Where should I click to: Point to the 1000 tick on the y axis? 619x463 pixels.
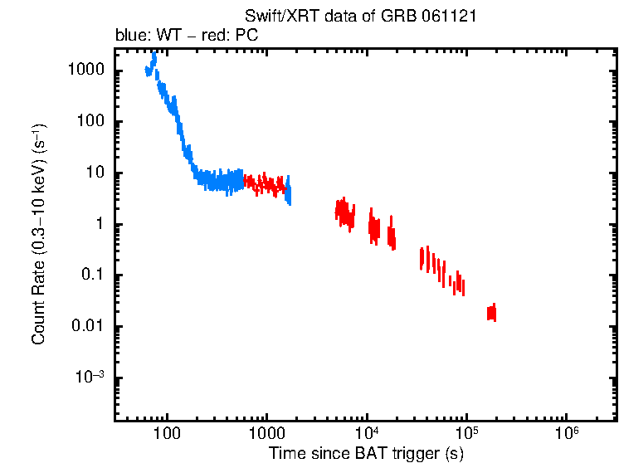(x=86, y=71)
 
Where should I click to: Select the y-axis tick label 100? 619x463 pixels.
(x=90, y=122)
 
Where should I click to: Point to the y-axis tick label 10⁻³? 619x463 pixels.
(x=90, y=378)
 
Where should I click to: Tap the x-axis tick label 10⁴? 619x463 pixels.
(x=367, y=435)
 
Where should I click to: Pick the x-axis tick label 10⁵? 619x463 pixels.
(x=466, y=435)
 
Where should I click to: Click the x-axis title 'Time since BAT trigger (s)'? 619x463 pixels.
(x=365, y=453)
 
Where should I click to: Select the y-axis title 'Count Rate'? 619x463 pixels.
(x=38, y=234)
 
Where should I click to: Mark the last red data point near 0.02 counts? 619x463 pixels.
(x=492, y=313)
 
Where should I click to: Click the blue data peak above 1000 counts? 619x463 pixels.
(x=154, y=60)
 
